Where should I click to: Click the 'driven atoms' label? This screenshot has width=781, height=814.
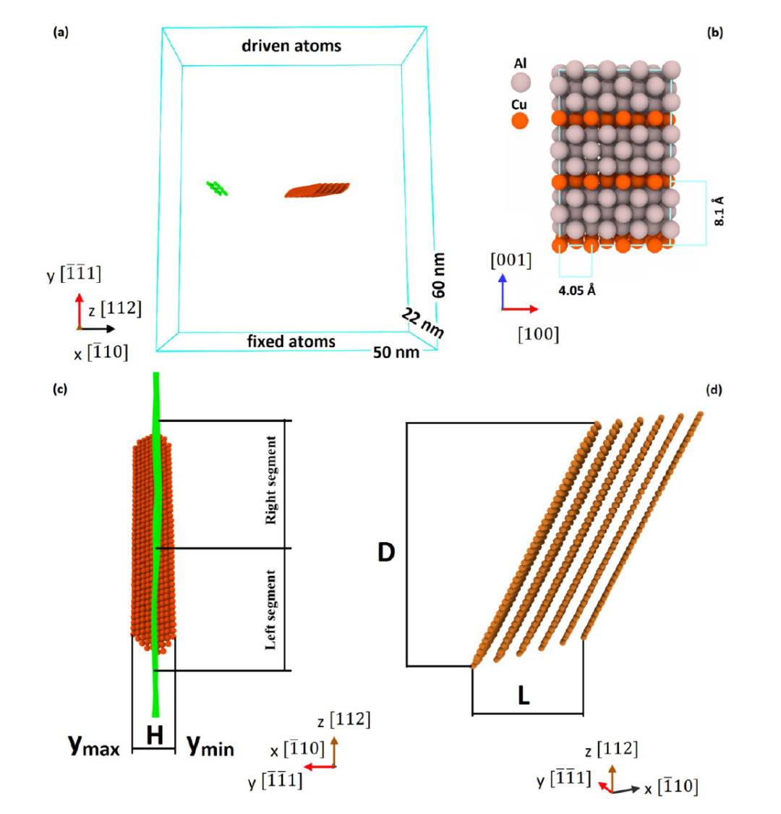pyautogui.click(x=291, y=46)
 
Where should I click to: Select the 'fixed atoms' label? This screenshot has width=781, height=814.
pyautogui.click(x=291, y=341)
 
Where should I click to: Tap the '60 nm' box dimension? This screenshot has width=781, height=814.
pyautogui.click(x=439, y=276)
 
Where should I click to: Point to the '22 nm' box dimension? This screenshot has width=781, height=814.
pyautogui.click(x=421, y=321)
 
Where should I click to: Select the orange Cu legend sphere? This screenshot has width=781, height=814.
pyautogui.click(x=519, y=120)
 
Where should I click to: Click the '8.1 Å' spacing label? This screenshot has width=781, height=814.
pyautogui.click(x=719, y=211)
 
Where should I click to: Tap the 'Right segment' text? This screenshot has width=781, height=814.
pyautogui.click(x=271, y=481)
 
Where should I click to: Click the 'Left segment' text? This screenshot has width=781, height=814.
pyautogui.click(x=271, y=609)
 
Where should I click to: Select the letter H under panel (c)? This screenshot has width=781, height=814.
pyautogui.click(x=154, y=737)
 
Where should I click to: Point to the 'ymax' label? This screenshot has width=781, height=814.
pyautogui.click(x=94, y=745)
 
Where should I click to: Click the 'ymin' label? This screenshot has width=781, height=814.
pyautogui.click(x=210, y=745)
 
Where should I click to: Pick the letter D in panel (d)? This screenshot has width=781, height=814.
pyautogui.click(x=386, y=553)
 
